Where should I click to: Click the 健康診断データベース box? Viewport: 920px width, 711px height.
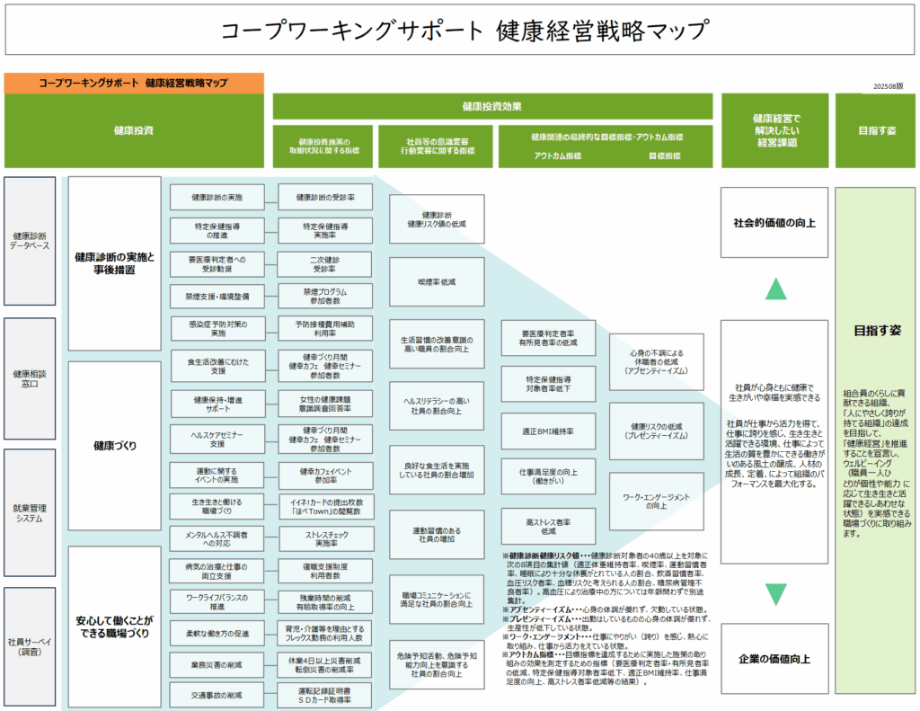click(31, 241)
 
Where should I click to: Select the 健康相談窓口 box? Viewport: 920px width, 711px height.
click(31, 378)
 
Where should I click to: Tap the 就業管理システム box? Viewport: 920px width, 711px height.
click(31, 511)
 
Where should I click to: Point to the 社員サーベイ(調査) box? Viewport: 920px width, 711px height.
click(31, 646)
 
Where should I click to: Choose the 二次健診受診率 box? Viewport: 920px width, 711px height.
click(324, 262)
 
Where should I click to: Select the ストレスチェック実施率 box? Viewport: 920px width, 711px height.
click(324, 538)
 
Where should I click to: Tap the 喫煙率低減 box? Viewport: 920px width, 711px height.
click(437, 281)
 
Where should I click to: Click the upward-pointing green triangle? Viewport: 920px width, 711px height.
click(775, 289)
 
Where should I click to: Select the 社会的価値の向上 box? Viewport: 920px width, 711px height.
click(774, 222)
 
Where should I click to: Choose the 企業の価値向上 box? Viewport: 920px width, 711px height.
click(774, 659)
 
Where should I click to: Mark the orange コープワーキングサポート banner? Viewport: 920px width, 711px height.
click(134, 83)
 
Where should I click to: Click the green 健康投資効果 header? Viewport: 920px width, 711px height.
click(492, 106)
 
